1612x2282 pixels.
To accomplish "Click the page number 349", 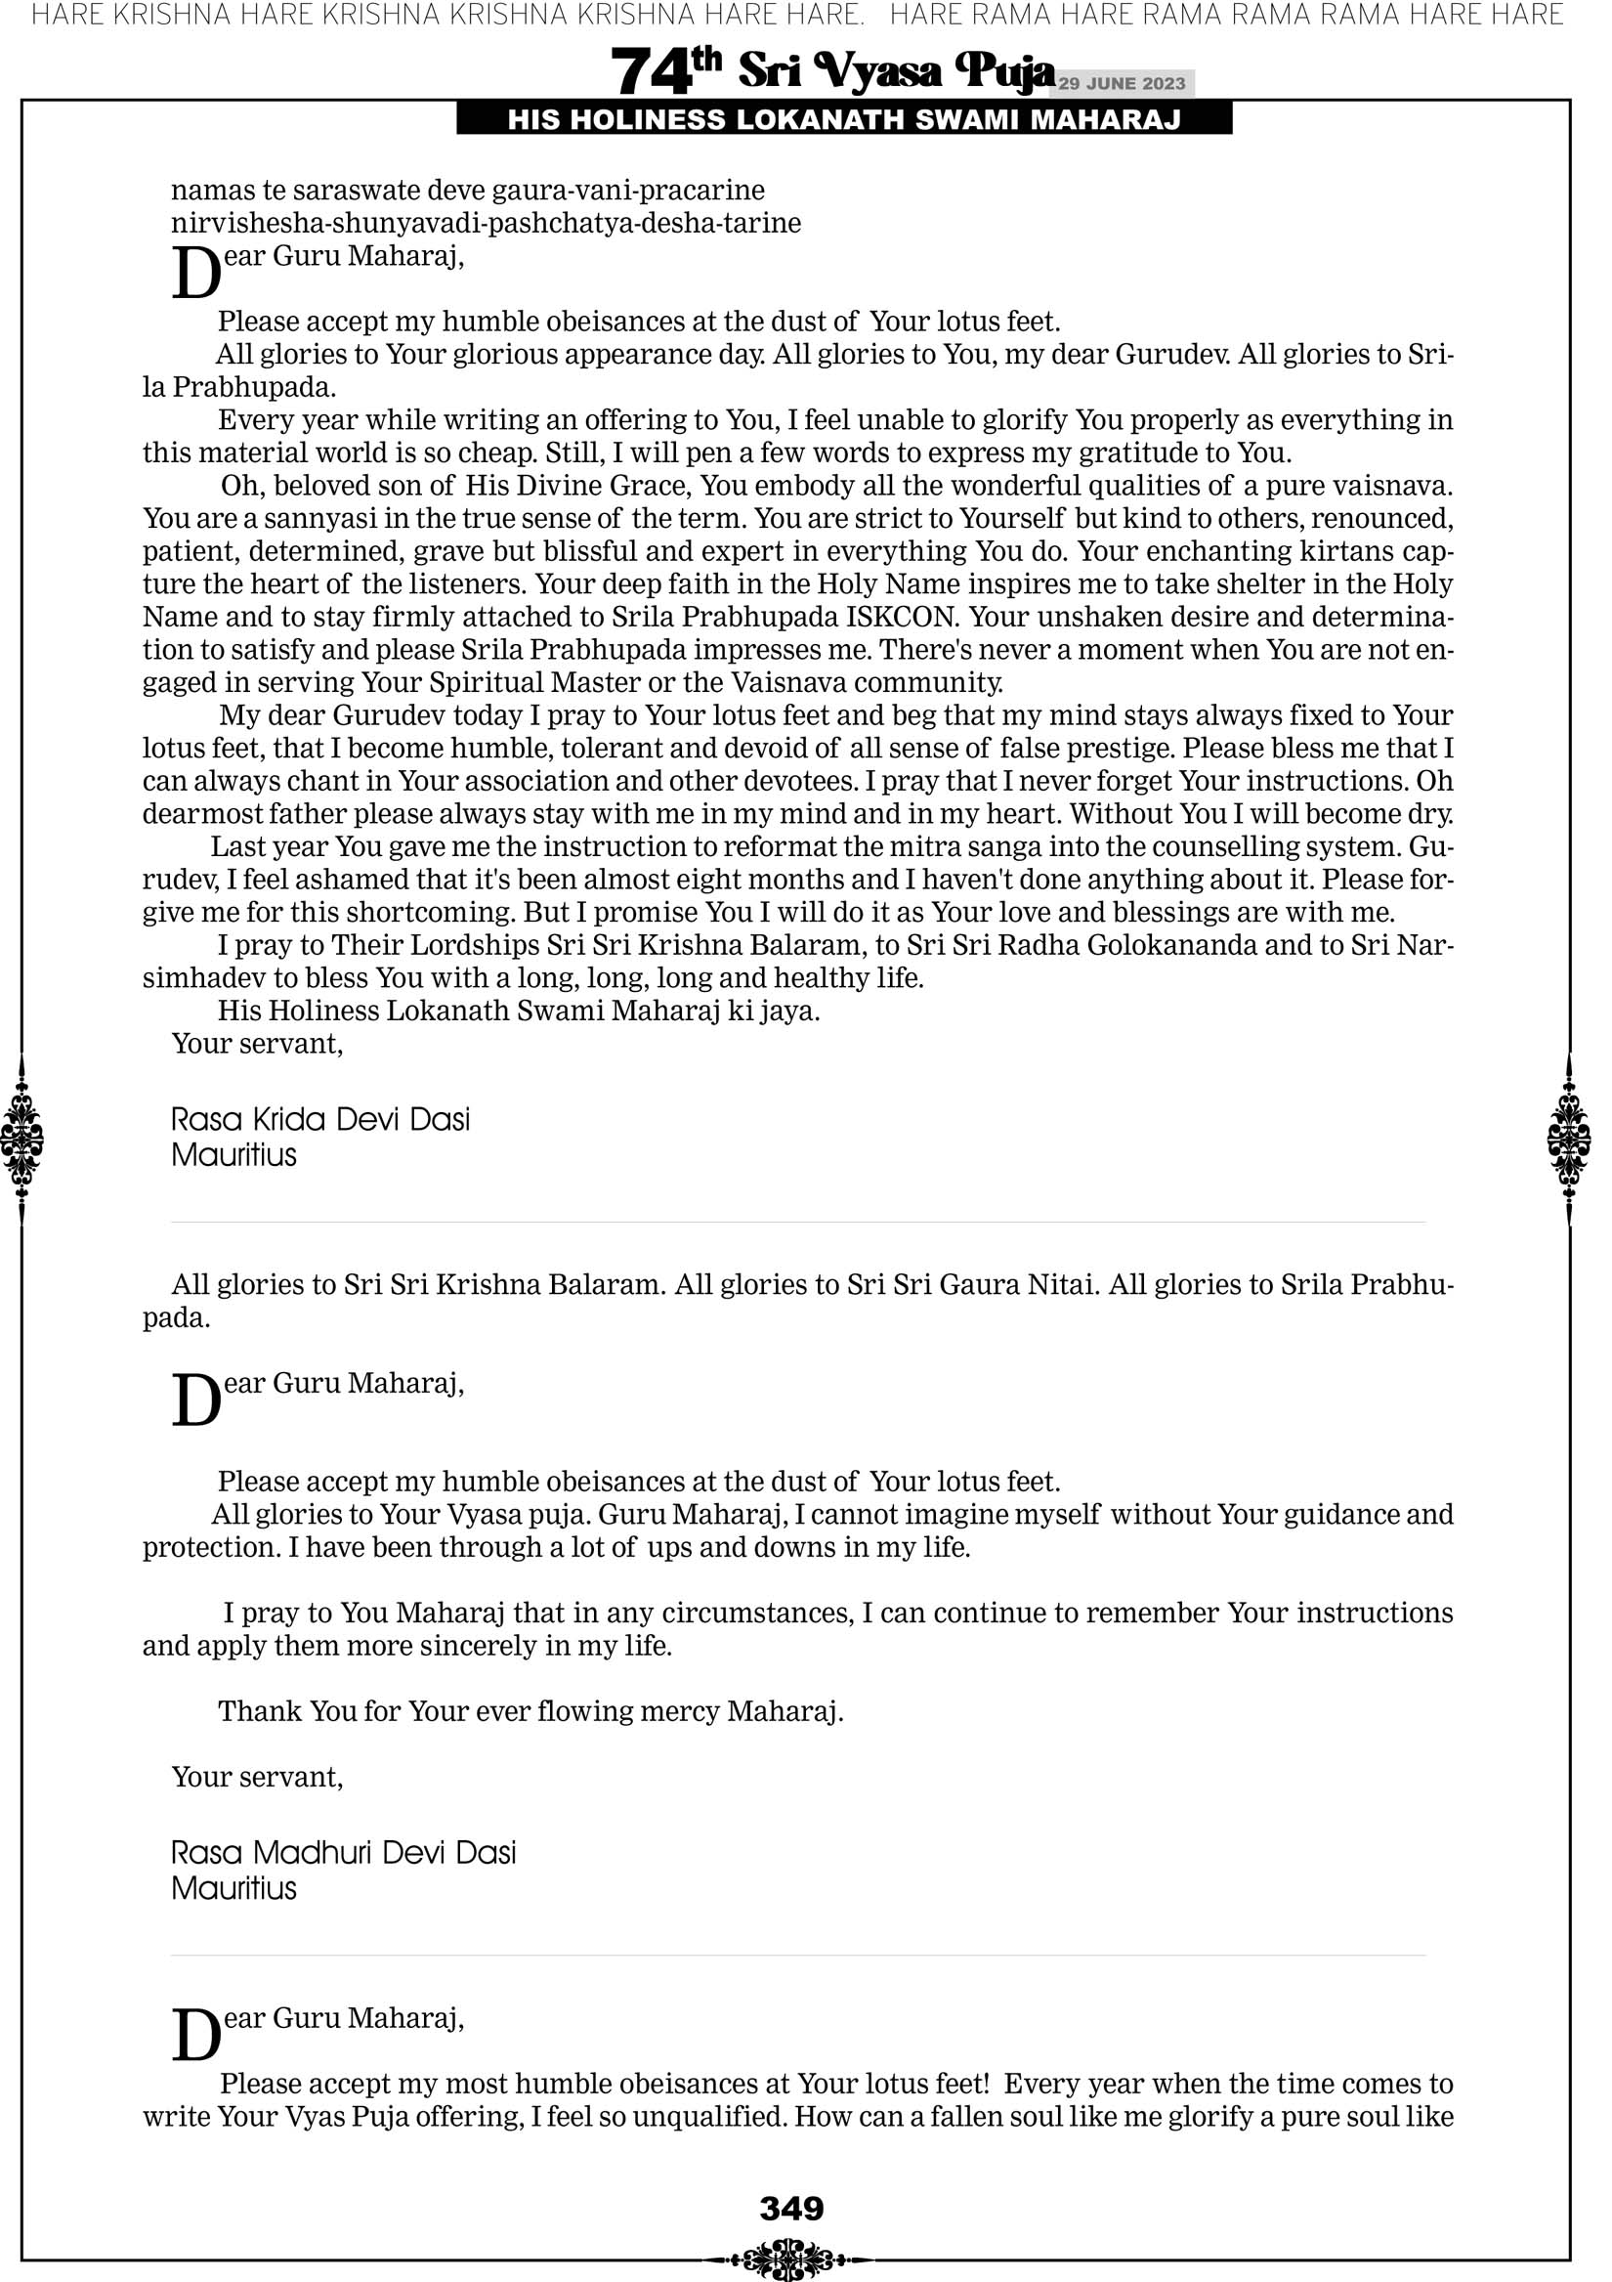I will click(791, 2209).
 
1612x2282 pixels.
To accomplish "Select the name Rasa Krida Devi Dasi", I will click(320, 1120).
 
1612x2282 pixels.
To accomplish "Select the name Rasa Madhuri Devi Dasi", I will click(343, 1853).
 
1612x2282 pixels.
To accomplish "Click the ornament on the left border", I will click(21, 1139).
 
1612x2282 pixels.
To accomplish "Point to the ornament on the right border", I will click(1568, 1139).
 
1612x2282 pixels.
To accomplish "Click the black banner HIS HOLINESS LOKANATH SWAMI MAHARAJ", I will click(844, 120).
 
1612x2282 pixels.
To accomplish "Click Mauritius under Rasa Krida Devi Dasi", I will click(233, 1155).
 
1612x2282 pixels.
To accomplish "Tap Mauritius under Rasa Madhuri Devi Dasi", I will click(233, 1888).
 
